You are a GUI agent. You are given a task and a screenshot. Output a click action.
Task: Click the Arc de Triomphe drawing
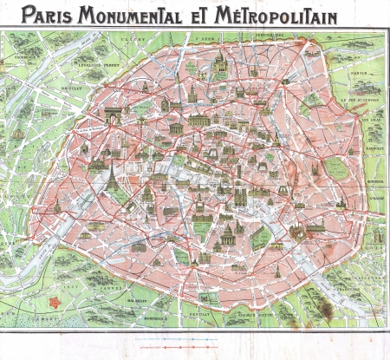coord(115,114)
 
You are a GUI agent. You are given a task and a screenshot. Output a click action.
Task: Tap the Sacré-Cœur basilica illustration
coord(220,61)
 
